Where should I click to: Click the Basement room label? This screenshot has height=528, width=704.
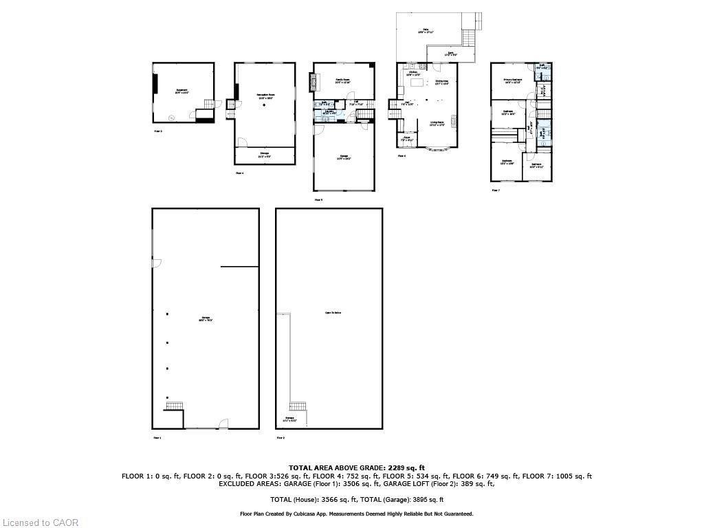(181, 91)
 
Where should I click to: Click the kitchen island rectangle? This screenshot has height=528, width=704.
(417, 82)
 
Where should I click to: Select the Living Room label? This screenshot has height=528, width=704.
(437, 124)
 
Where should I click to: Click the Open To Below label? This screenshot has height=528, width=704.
(333, 313)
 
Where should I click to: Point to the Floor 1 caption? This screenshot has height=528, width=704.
(157, 437)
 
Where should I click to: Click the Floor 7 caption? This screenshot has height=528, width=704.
(495, 190)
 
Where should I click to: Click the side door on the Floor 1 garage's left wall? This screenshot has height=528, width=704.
(156, 263)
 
